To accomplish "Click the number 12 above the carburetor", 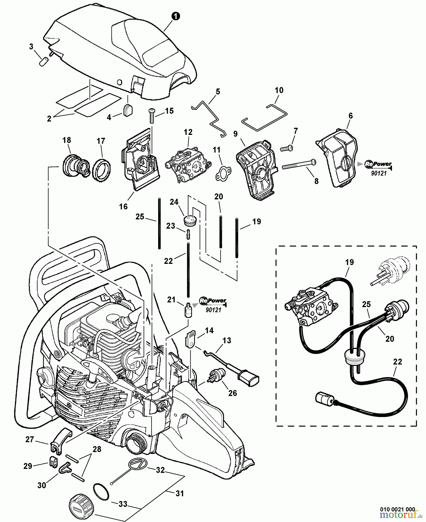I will click(x=188, y=132).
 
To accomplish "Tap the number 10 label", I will click(x=279, y=90).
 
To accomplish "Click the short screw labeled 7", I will click(x=286, y=148).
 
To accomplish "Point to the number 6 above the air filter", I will click(x=351, y=116).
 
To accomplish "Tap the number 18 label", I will click(x=67, y=140).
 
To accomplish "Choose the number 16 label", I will click(x=123, y=206).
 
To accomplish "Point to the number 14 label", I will click(x=209, y=331).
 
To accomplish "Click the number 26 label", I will click(x=232, y=393).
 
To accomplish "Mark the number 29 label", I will click(x=28, y=466).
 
